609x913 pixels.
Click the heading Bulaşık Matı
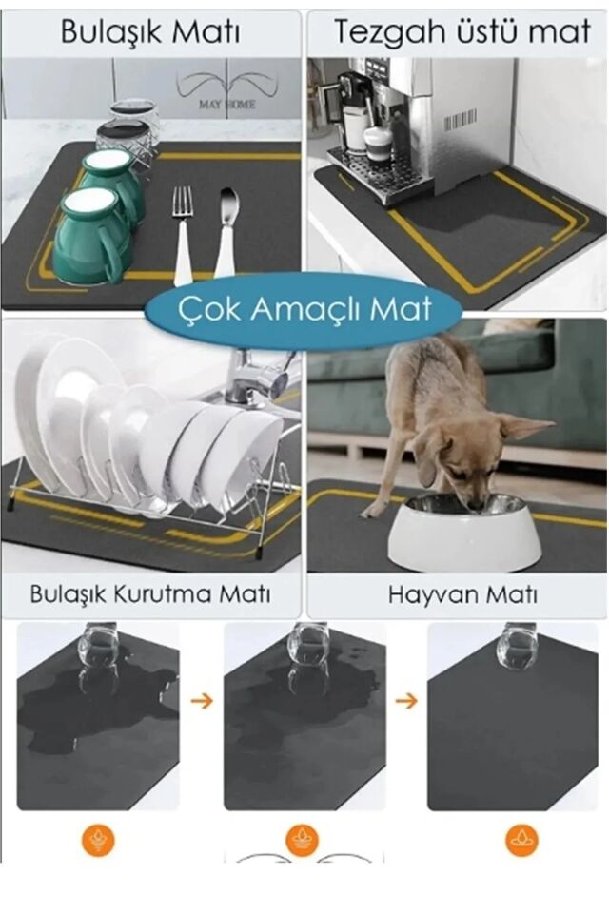(x=150, y=31)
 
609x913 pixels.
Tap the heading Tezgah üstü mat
(x=462, y=31)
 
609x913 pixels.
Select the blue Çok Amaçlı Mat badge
(x=304, y=309)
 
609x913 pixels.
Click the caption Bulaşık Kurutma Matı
(x=150, y=595)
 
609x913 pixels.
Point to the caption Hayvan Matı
(x=462, y=595)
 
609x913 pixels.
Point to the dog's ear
(x=527, y=428)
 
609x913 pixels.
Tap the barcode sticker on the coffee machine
(x=460, y=120)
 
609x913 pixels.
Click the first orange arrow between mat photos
(x=201, y=701)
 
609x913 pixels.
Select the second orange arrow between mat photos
(x=406, y=701)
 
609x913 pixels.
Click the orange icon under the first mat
(x=98, y=840)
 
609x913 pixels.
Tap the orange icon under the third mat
(x=521, y=840)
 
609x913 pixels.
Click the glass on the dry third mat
(x=517, y=647)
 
